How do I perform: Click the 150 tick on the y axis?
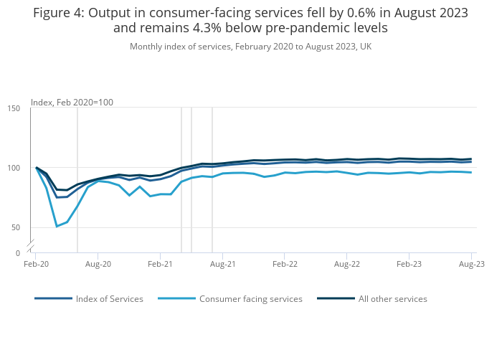point(14,108)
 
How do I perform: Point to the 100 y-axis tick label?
point(14,168)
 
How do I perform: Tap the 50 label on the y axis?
point(16,228)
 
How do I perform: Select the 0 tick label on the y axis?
point(18,253)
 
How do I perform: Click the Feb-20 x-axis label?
point(36,264)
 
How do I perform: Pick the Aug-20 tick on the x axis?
point(98,264)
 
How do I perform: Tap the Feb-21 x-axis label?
point(160,264)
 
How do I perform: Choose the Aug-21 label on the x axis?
point(222,264)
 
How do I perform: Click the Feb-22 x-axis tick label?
point(285,264)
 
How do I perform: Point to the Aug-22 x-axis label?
point(347,264)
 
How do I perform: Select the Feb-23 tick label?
point(409,264)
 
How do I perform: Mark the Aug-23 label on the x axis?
point(471,264)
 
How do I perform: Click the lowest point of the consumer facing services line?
point(57,227)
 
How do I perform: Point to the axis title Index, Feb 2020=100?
point(72,103)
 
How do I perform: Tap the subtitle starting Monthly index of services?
point(250,47)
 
